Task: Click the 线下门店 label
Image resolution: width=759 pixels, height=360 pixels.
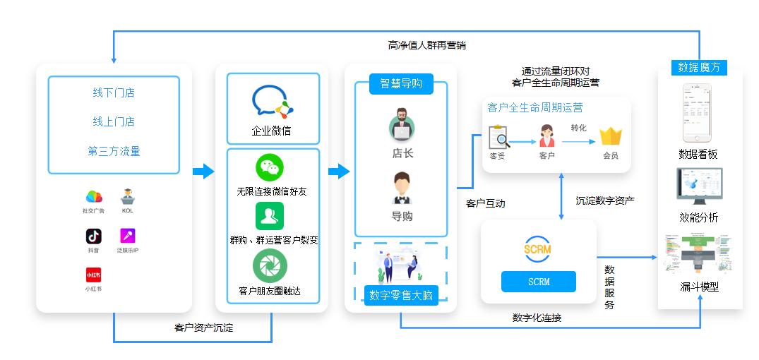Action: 113,92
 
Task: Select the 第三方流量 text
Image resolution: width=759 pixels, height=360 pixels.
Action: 113,151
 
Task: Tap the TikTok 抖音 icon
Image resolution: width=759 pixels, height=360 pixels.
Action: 93,236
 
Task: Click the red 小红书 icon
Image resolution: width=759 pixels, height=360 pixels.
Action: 93,275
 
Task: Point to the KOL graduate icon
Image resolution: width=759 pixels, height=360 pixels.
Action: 127,196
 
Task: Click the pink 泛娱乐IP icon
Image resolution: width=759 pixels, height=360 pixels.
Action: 127,236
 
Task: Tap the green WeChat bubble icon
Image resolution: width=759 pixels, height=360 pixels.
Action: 270,168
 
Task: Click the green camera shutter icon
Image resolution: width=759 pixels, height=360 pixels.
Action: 270,266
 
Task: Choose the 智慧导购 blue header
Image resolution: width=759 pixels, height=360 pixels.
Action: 401,83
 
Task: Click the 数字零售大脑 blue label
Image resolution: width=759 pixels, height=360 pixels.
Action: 401,296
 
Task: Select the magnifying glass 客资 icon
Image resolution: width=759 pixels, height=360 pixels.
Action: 498,136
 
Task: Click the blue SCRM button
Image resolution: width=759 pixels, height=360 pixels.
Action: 538,282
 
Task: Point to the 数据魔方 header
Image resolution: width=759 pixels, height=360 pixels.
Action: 698,68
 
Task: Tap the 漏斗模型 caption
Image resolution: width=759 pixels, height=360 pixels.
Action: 698,287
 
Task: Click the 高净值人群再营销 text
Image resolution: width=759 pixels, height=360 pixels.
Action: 427,45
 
